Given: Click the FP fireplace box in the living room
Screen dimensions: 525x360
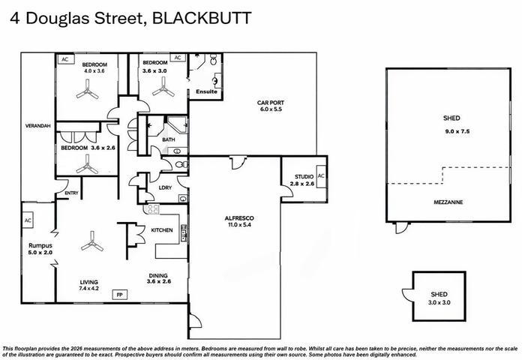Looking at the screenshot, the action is (119, 295).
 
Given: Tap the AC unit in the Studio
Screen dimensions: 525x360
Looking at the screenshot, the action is (321, 176).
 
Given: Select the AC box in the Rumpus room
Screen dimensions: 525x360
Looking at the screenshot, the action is (28, 220).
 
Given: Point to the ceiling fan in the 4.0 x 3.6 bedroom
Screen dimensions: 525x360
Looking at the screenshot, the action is (88, 89).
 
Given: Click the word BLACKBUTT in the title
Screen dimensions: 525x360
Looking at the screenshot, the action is (202, 18).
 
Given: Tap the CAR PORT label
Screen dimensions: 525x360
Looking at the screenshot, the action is (271, 103).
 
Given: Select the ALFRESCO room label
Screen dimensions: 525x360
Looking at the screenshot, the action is (239, 218).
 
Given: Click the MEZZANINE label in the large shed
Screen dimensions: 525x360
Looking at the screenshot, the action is (448, 202).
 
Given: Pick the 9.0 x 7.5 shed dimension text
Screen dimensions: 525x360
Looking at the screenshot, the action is (457, 131).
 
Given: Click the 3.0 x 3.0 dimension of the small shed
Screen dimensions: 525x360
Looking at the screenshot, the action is (439, 302).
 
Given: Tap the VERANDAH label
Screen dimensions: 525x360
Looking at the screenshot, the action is (37, 126).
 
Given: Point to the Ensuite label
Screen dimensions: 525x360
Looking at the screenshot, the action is (206, 91).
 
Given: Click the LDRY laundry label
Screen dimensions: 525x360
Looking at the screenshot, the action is (165, 187).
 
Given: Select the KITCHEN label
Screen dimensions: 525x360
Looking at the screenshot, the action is (162, 230).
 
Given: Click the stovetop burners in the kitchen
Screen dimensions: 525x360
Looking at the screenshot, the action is (153, 209).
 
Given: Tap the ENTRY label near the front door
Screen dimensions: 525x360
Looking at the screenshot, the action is (71, 193).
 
